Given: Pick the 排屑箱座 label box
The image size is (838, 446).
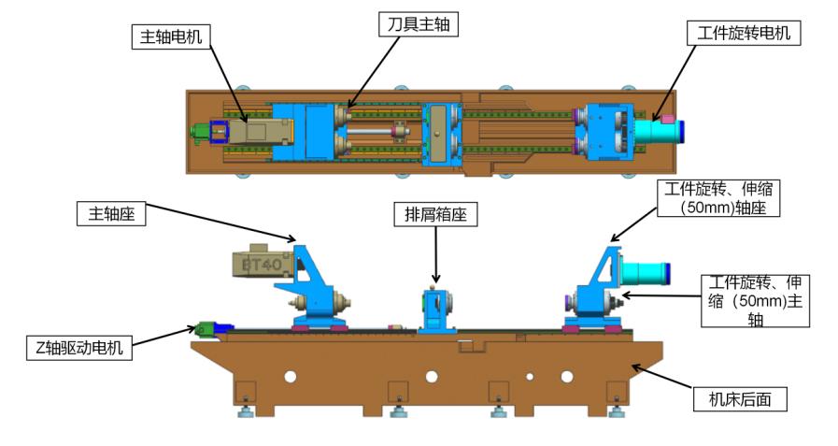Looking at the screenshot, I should pyautogui.click(x=435, y=215).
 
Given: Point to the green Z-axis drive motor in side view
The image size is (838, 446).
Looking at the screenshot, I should pyautogui.click(x=206, y=327).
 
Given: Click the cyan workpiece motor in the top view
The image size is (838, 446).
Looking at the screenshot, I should pyautogui.click(x=659, y=130).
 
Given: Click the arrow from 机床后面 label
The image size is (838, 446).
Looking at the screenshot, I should pyautogui.click(x=663, y=378).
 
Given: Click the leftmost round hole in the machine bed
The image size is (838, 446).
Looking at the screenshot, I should pyautogui.click(x=291, y=376).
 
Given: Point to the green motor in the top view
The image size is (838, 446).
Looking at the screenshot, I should pyautogui.click(x=199, y=133).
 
